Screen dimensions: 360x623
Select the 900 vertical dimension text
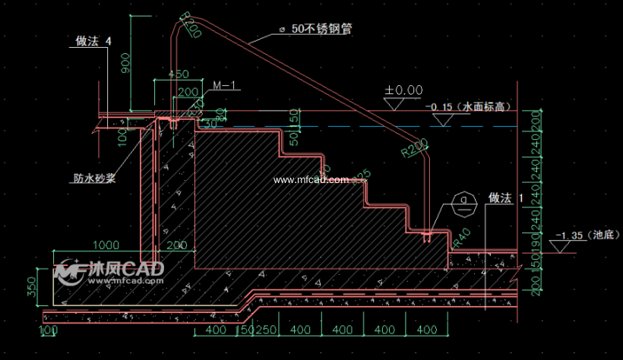(125, 75)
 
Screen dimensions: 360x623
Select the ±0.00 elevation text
(403, 90)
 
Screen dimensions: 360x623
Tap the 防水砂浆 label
(94, 179)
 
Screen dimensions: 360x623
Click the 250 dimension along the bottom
(265, 330)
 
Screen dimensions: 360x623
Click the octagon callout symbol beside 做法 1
(463, 203)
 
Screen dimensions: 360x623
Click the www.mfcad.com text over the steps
(311, 180)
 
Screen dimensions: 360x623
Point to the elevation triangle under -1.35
(563, 245)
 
